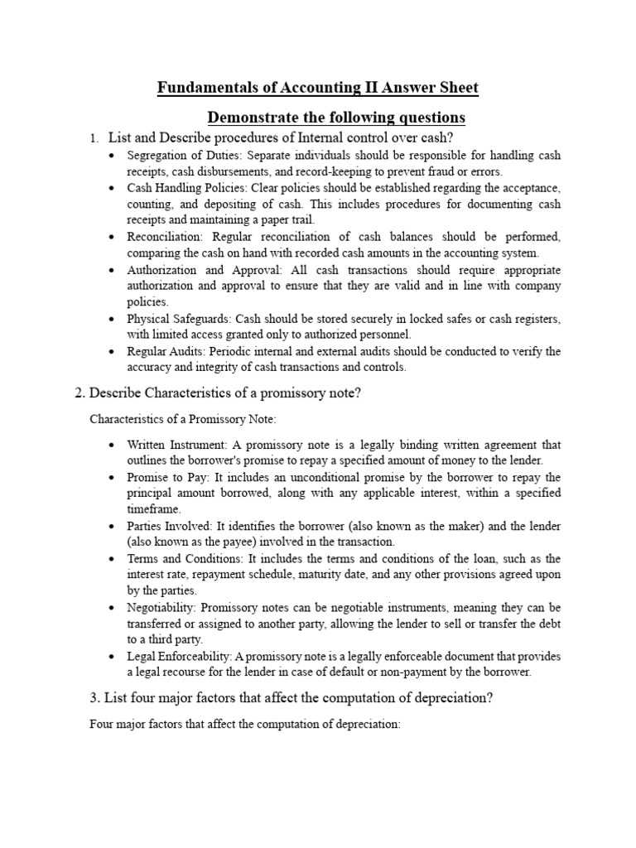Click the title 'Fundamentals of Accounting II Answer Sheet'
[318, 88]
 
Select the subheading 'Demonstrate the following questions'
[336, 116]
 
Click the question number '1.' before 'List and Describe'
[94, 138]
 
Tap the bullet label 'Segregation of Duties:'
[172, 156]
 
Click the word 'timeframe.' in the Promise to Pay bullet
[152, 509]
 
